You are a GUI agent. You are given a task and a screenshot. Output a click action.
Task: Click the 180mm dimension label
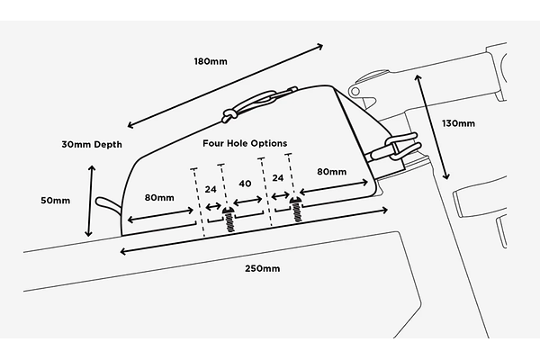[210, 61]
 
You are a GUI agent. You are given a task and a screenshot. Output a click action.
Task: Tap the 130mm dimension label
[459, 123]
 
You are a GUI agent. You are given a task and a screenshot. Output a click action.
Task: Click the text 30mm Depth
[91, 144]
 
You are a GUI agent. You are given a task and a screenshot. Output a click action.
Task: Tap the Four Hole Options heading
[244, 143]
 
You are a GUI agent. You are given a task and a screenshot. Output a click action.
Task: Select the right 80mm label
[330, 171]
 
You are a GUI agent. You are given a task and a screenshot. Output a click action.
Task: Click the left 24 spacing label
[211, 190]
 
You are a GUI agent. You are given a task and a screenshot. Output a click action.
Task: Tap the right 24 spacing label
[277, 178]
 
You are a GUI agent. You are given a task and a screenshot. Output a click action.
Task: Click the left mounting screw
[229, 219]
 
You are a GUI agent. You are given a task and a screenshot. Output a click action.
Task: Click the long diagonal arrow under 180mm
[225, 84]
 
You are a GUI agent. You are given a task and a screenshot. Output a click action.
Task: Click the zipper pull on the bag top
[229, 115]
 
